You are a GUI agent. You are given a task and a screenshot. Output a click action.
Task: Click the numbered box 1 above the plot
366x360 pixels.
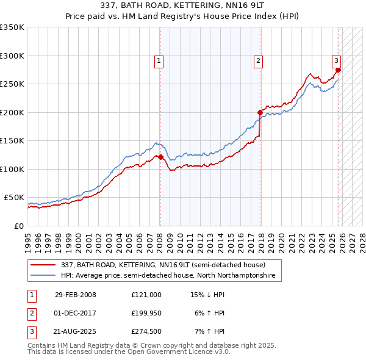tap(159, 60)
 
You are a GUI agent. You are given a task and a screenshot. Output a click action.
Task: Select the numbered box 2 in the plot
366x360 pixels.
tap(259, 60)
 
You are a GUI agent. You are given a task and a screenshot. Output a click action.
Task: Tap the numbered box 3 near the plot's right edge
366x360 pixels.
tap(336, 60)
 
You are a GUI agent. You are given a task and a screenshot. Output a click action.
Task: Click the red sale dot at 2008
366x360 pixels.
tap(161, 157)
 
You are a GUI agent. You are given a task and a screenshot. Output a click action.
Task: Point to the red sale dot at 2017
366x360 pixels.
tap(260, 112)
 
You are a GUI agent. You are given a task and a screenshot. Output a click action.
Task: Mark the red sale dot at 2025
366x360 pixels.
tap(338, 70)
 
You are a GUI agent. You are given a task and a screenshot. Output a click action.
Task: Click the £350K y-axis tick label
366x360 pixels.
tap(12, 27)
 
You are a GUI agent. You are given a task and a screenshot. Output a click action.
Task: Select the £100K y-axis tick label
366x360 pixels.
tap(12, 169)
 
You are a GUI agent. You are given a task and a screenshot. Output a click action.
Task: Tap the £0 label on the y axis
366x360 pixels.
tap(18, 226)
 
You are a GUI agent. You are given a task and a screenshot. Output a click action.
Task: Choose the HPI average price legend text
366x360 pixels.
tap(168, 276)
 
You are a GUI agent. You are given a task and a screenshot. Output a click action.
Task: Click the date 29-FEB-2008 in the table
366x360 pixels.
tap(76, 295)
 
